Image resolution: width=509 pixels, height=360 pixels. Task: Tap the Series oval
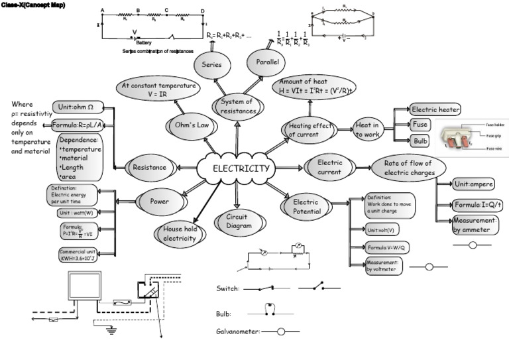(x=212, y=66)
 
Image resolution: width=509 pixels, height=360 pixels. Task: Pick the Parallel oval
(x=264, y=62)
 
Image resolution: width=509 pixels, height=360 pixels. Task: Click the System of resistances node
(x=237, y=107)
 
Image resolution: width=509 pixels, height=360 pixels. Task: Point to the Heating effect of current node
(x=310, y=129)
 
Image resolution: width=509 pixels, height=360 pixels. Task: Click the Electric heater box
(x=435, y=109)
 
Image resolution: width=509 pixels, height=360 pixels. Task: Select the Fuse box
(x=420, y=124)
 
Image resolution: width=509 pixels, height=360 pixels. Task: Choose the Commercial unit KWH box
(x=78, y=255)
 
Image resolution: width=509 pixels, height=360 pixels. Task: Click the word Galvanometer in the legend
(x=238, y=330)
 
